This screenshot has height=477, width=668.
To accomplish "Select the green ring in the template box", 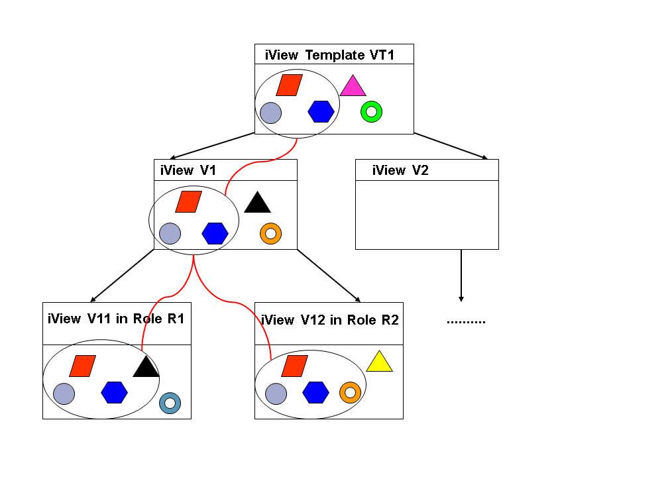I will click(x=371, y=111).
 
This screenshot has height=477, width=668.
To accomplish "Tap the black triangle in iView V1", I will click(x=257, y=203).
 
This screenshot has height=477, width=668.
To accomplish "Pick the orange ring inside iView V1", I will click(x=270, y=233).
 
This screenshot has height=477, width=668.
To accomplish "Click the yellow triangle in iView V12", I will click(x=379, y=362).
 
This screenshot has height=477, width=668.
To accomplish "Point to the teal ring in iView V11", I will click(x=170, y=402).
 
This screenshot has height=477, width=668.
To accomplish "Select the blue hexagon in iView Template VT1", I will click(x=321, y=111).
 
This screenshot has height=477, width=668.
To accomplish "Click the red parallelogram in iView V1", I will click(x=188, y=201).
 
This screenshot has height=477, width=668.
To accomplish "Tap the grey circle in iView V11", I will click(x=64, y=394).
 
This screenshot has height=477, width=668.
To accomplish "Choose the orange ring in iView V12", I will click(x=350, y=392).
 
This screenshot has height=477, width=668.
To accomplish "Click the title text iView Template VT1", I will click(x=329, y=55).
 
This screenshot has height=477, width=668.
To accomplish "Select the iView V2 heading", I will click(x=400, y=170).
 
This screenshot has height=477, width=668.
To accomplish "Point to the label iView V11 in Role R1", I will click(x=116, y=319).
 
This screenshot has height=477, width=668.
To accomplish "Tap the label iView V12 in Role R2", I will click(x=330, y=320).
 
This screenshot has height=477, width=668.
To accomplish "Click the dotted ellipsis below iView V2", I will click(x=466, y=322).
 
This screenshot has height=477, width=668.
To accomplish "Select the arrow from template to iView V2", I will click(x=451, y=146).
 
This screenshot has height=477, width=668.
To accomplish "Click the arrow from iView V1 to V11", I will click(x=123, y=276).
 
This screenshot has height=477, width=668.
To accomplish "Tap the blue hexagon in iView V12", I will click(x=316, y=392).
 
